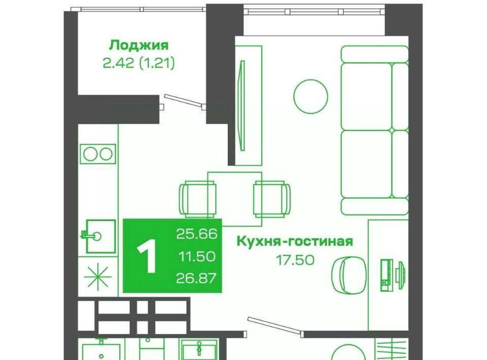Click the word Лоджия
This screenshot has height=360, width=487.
point(138,46)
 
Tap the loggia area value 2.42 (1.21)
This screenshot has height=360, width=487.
point(138,63)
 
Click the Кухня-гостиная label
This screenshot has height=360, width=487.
point(295,241)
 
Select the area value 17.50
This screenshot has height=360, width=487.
point(295,260)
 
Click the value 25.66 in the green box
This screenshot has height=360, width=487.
point(197,234)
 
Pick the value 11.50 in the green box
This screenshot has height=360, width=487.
point(197,257)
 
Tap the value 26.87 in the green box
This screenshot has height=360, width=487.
point(196,278)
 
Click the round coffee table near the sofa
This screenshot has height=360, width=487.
point(310,96)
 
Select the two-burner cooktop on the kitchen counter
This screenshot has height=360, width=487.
point(98,154)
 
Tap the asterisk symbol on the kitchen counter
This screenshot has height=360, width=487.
point(98,276)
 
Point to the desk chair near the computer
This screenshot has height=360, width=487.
point(349,275)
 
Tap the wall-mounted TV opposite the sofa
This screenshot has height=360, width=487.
point(242,105)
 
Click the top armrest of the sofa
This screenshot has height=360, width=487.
point(374,54)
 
